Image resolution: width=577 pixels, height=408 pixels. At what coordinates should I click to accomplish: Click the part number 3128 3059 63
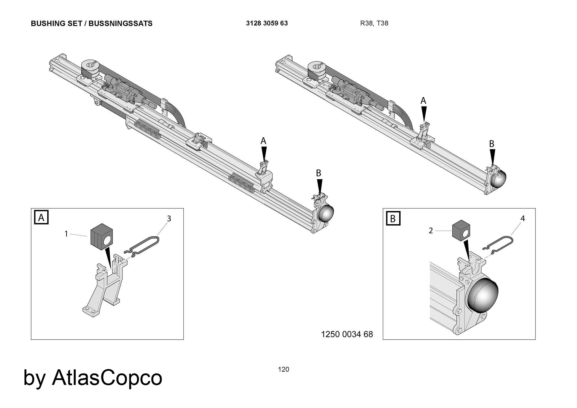[267, 23]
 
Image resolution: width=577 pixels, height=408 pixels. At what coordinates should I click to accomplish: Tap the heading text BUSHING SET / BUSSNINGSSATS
[91, 24]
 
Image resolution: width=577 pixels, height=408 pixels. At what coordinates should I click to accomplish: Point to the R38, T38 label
[374, 23]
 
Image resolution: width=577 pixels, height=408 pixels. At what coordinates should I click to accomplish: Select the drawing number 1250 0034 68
[347, 334]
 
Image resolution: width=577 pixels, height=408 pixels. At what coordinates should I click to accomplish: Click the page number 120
[283, 369]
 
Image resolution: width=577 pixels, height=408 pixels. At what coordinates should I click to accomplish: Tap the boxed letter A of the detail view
[41, 218]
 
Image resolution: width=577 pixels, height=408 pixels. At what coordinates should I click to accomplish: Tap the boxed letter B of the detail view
[393, 219]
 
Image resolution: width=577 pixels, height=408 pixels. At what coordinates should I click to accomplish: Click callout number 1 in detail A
[66, 234]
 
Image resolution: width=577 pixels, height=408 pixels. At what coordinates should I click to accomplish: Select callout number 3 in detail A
[169, 219]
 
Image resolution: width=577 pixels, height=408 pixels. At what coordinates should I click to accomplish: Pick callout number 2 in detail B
[430, 231]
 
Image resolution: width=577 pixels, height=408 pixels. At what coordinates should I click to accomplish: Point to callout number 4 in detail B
[522, 219]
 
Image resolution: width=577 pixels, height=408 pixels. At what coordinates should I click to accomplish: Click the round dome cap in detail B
[482, 296]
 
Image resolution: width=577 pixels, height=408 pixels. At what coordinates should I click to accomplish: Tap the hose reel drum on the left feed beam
[90, 70]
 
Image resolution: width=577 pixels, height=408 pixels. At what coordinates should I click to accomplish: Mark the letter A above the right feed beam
[423, 101]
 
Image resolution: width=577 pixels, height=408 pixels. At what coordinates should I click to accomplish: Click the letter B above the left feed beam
[319, 173]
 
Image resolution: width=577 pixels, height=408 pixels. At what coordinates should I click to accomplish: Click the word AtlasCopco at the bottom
[107, 378]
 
